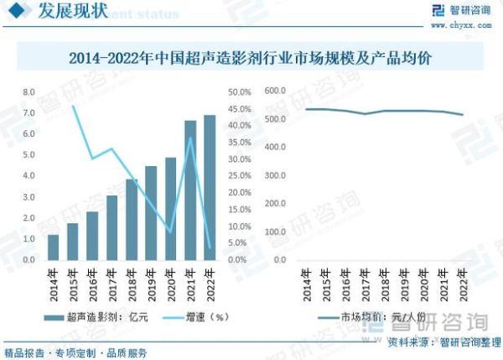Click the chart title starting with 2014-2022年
point(251,59)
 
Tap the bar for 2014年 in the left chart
point(53,247)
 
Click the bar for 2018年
point(132,219)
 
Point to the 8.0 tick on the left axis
point(29,91)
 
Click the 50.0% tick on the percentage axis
point(239,91)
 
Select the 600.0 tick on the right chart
point(275,90)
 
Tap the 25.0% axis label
point(239,176)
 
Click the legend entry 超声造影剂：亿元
point(96,317)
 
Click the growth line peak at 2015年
point(73,107)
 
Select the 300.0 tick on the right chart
point(275,175)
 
